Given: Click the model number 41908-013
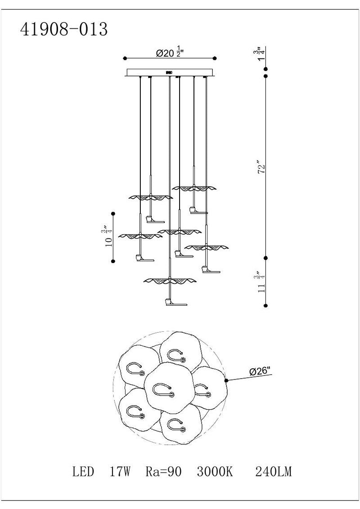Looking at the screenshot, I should [x=64, y=29].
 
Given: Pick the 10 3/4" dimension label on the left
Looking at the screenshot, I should [x=108, y=237].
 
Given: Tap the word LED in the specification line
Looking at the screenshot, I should [x=83, y=472].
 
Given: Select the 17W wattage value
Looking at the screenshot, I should [x=120, y=472].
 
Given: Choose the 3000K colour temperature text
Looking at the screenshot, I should [x=215, y=472].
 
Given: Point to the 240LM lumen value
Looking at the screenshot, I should [x=274, y=472].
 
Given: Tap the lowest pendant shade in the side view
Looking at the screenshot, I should [x=170, y=281].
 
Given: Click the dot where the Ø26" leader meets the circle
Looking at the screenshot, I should [x=226, y=380].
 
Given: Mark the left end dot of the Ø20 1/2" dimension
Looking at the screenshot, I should [x=124, y=58].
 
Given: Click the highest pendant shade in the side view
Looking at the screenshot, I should [x=194, y=187].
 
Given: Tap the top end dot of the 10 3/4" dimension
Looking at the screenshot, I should [x=113, y=213].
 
